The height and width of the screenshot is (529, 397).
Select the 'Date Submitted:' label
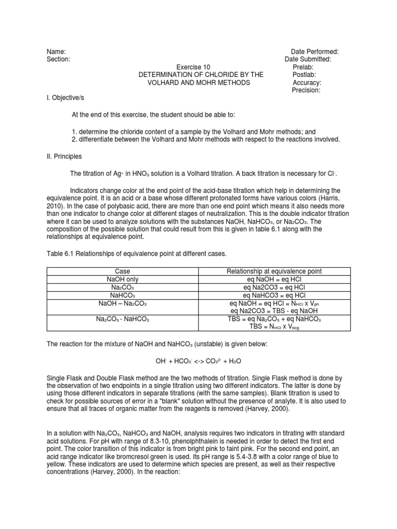click(308, 59)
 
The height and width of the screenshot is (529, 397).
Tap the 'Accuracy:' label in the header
click(307, 83)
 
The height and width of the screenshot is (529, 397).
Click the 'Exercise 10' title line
click(201, 67)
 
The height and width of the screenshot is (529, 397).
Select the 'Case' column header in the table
click(121, 271)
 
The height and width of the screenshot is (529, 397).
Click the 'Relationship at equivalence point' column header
click(274, 271)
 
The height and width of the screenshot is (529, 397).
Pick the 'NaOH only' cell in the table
click(121, 279)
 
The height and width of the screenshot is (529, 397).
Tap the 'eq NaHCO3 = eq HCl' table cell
click(274, 295)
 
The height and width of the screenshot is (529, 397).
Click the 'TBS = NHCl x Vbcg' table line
click(274, 327)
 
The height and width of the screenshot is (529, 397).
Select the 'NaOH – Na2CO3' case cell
click(121, 303)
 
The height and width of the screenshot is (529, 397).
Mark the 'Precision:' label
click(306, 90)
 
